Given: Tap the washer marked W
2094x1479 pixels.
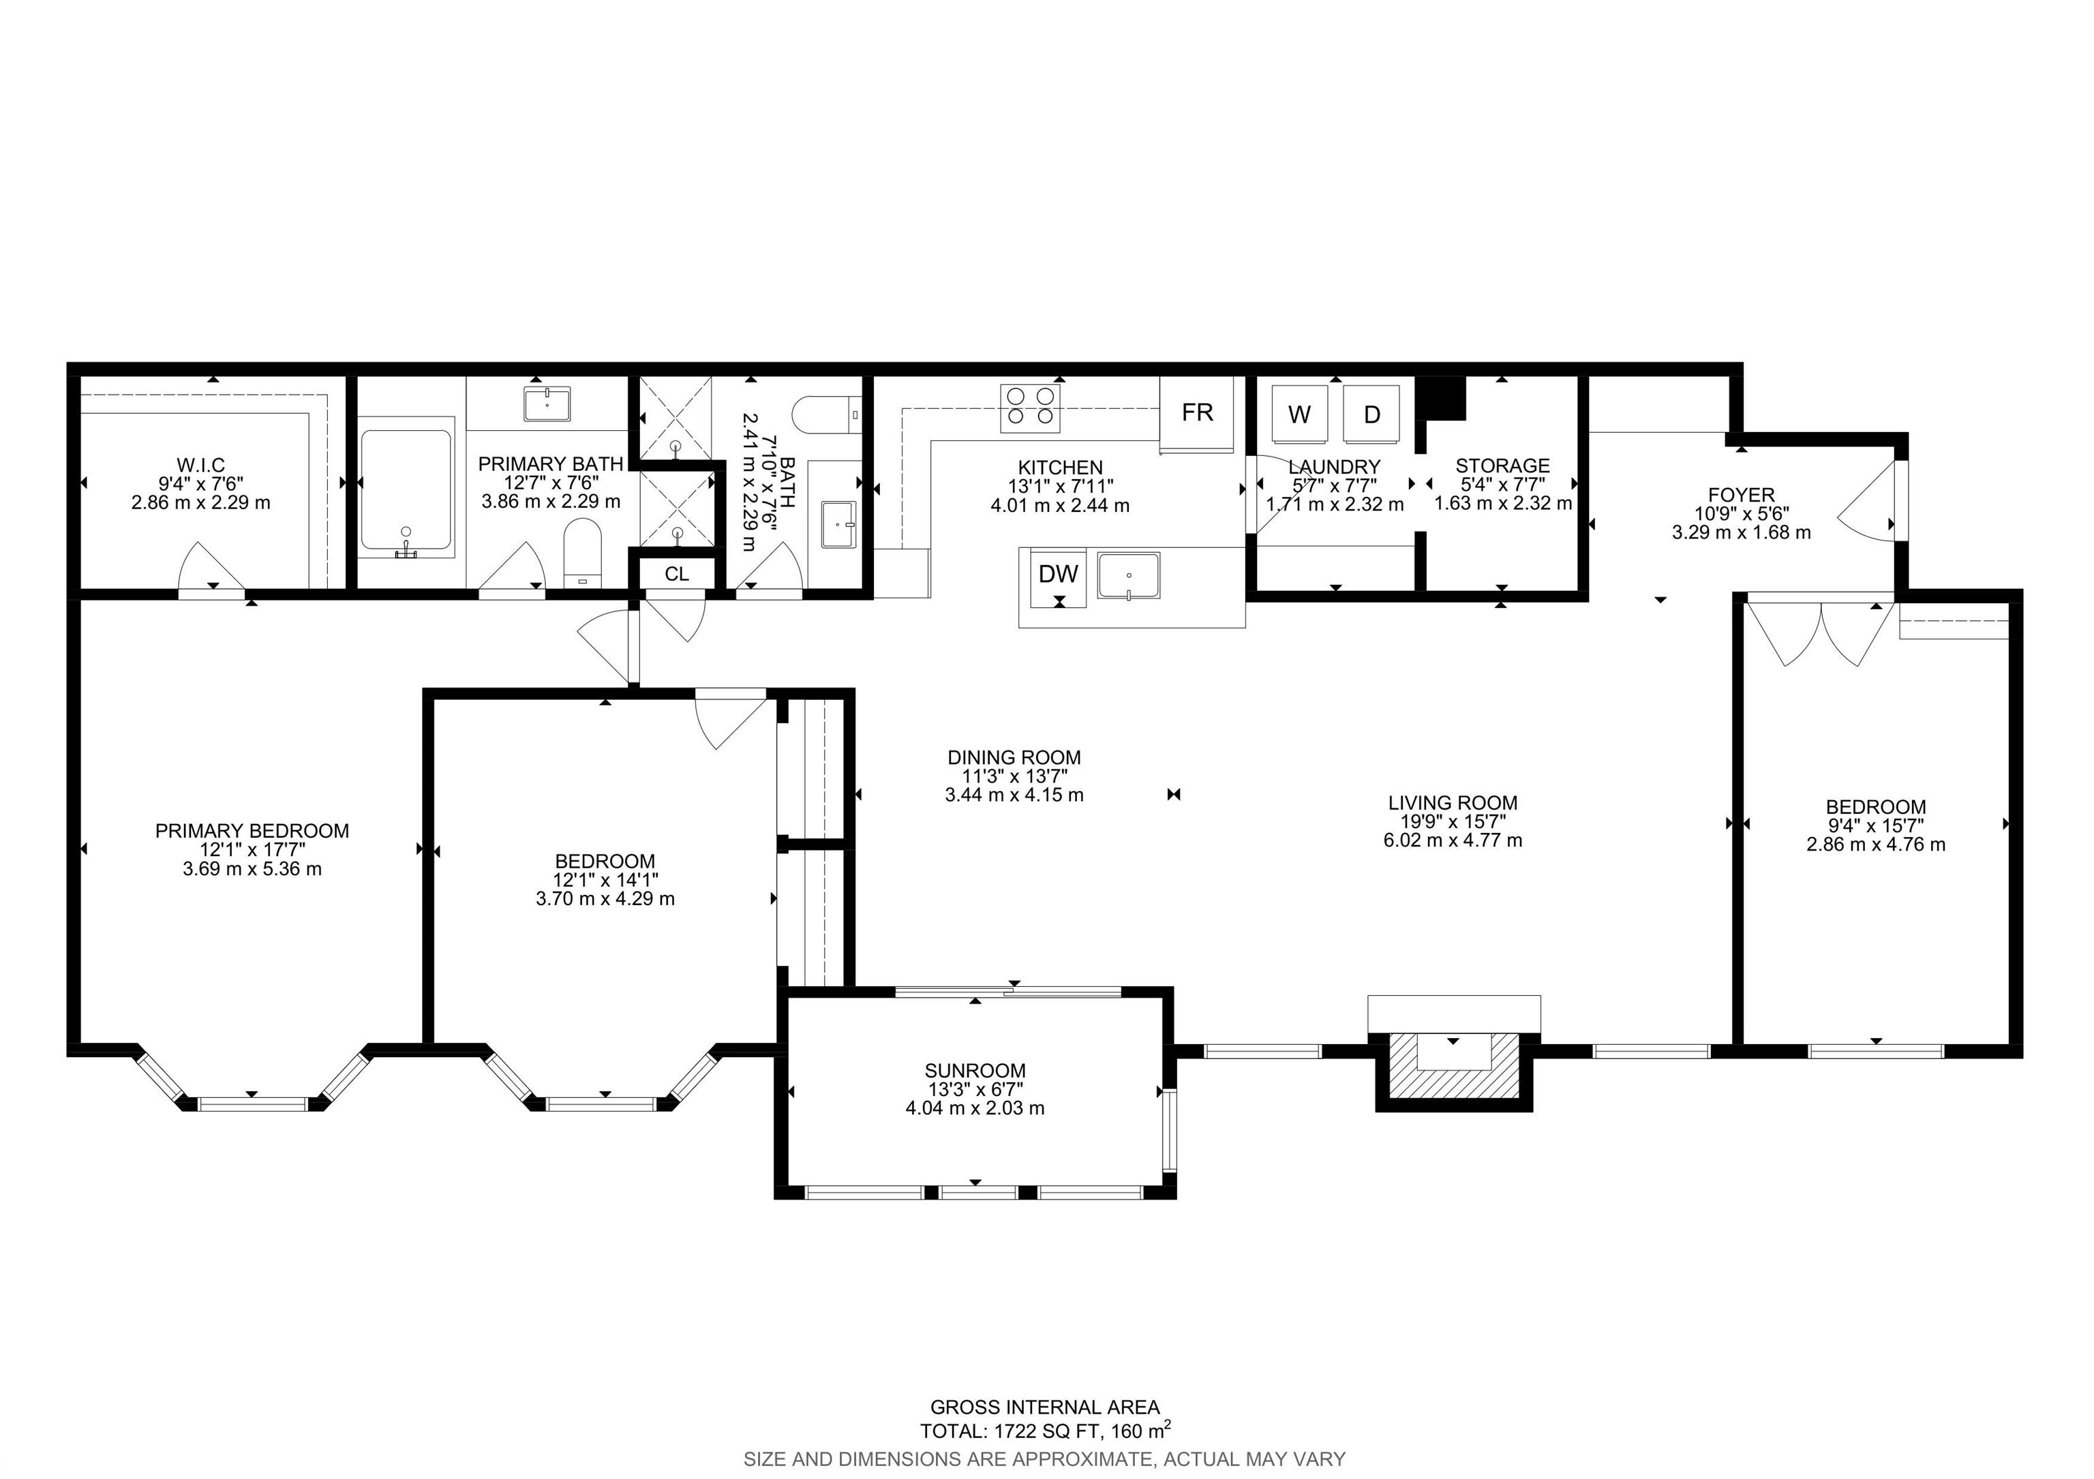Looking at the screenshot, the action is coord(1300,414).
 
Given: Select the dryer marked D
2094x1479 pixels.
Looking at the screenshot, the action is coord(1371,414).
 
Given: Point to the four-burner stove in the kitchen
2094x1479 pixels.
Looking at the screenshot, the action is coord(1031,408).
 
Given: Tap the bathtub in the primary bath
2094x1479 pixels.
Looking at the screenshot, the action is coord(406,493).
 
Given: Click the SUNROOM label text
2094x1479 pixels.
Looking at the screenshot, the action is coord(975,1071).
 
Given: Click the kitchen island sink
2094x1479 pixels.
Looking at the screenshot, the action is coord(1129,577).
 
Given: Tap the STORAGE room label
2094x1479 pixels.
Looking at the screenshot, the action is coord(1502,466).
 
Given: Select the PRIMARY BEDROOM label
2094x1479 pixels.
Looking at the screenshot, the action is coord(252,831).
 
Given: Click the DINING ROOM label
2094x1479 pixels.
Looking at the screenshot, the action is coord(1014,757).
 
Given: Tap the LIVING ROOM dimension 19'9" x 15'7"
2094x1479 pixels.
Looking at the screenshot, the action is coord(1453,821).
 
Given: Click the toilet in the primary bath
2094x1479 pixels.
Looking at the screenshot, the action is coord(583,553).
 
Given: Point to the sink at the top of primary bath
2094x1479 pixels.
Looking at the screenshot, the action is coord(547,404).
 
